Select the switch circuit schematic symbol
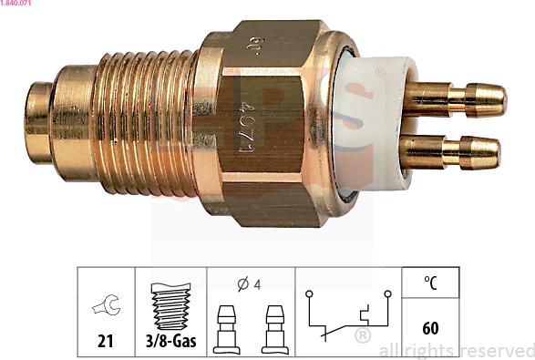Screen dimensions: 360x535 tap(348, 314)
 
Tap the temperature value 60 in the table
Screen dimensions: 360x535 tap(431, 327)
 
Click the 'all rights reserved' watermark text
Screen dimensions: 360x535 tap(457, 350)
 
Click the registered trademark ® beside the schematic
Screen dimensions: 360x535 tap(362, 336)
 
